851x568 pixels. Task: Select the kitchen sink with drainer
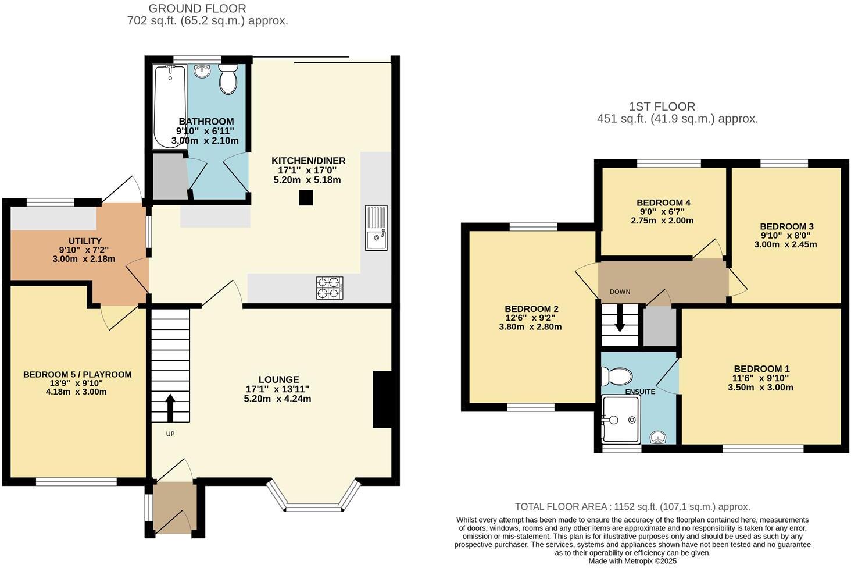pyautogui.click(x=376, y=228)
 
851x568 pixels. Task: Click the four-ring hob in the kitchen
pyautogui.click(x=330, y=287)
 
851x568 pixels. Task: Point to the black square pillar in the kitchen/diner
pyautogui.click(x=306, y=198)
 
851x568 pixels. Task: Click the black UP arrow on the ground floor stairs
pyautogui.click(x=170, y=408)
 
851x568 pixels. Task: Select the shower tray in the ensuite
pyautogui.click(x=621, y=419)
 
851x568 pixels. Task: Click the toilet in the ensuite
pyautogui.click(x=616, y=377)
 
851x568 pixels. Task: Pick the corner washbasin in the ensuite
pyautogui.click(x=658, y=436)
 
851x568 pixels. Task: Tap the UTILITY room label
pyautogui.click(x=85, y=241)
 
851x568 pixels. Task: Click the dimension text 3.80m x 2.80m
pyautogui.click(x=530, y=327)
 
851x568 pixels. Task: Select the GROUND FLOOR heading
pyautogui.click(x=197, y=8)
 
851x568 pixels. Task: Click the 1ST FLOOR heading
pyautogui.click(x=662, y=106)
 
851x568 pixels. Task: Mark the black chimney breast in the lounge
pyautogui.click(x=382, y=400)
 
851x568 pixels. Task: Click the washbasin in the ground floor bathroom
pyautogui.click(x=202, y=71)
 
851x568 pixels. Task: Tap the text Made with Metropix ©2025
pyautogui.click(x=632, y=561)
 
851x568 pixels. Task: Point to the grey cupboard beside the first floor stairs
pyautogui.click(x=660, y=327)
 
